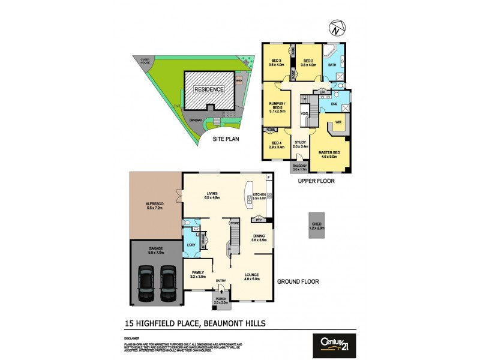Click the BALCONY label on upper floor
point(300,167)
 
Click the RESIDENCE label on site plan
point(209,90)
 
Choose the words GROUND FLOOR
point(298,281)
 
